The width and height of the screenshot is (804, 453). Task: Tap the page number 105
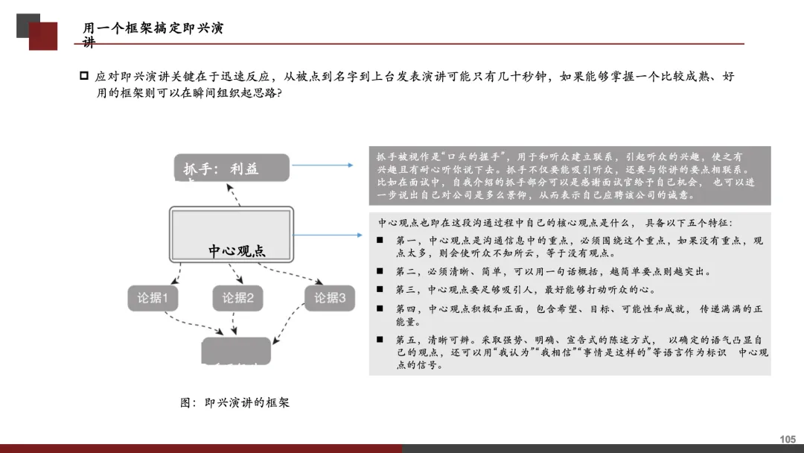(x=787, y=440)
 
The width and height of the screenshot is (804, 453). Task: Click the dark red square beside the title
(x=43, y=37)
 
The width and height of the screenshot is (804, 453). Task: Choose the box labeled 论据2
(x=238, y=299)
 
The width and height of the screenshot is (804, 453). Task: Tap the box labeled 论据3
(x=329, y=299)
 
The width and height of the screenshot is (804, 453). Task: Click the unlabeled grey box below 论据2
(x=236, y=350)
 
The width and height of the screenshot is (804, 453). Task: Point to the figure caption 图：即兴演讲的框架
(x=234, y=402)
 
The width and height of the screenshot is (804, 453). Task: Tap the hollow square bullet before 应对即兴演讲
(x=84, y=76)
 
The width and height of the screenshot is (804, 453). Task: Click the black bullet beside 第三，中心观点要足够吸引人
(x=379, y=289)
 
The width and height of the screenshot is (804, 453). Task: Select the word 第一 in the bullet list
(x=406, y=241)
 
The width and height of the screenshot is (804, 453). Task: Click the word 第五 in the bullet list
(x=406, y=340)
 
